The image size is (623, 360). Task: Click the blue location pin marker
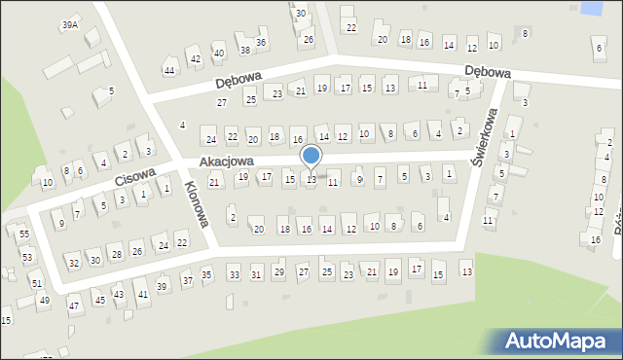(311, 157)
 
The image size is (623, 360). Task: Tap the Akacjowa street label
(227, 161)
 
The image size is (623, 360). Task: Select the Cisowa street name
(134, 176)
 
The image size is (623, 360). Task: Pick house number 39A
(69, 25)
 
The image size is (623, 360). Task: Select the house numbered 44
(169, 71)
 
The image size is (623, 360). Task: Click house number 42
(196, 59)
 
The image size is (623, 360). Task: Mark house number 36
(261, 43)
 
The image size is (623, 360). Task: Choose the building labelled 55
(23, 234)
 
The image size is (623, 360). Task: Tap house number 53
(27, 257)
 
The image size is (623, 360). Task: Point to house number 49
(44, 301)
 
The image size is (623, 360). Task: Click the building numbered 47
(73, 306)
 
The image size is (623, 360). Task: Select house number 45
(99, 300)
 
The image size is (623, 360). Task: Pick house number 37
(187, 281)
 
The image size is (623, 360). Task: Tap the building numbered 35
(206, 274)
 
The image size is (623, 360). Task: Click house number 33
(234, 275)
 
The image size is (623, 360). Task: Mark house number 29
(279, 271)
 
